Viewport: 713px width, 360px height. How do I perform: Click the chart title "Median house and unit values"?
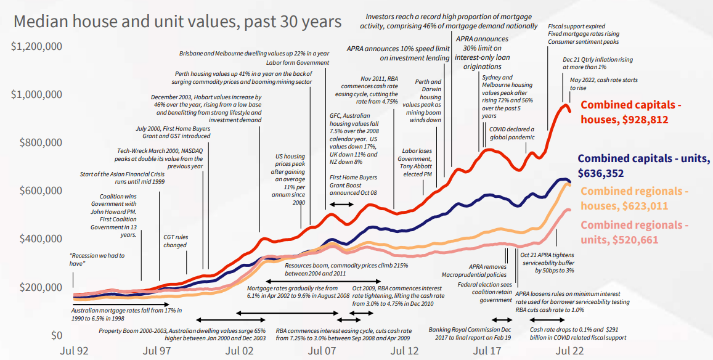[177, 23]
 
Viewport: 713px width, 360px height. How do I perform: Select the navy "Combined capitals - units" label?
[643, 166]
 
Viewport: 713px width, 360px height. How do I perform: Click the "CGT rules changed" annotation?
[175, 240]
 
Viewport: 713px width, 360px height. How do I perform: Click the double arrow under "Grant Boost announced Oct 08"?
[340, 204]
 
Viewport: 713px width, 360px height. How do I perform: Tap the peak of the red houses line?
[563, 106]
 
